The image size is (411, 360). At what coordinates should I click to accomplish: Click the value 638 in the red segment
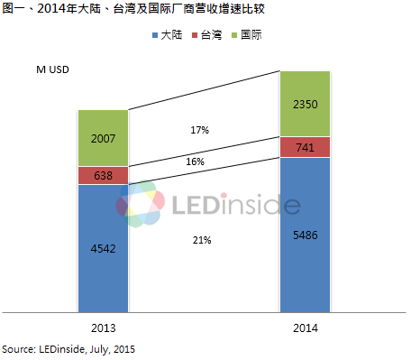[103, 177]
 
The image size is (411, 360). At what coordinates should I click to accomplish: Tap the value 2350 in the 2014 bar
[306, 105]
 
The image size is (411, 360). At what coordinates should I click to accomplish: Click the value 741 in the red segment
[306, 147]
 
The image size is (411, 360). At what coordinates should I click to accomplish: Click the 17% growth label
[200, 130]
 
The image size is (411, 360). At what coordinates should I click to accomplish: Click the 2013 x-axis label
[103, 328]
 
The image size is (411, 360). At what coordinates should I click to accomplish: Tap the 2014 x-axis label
[306, 328]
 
